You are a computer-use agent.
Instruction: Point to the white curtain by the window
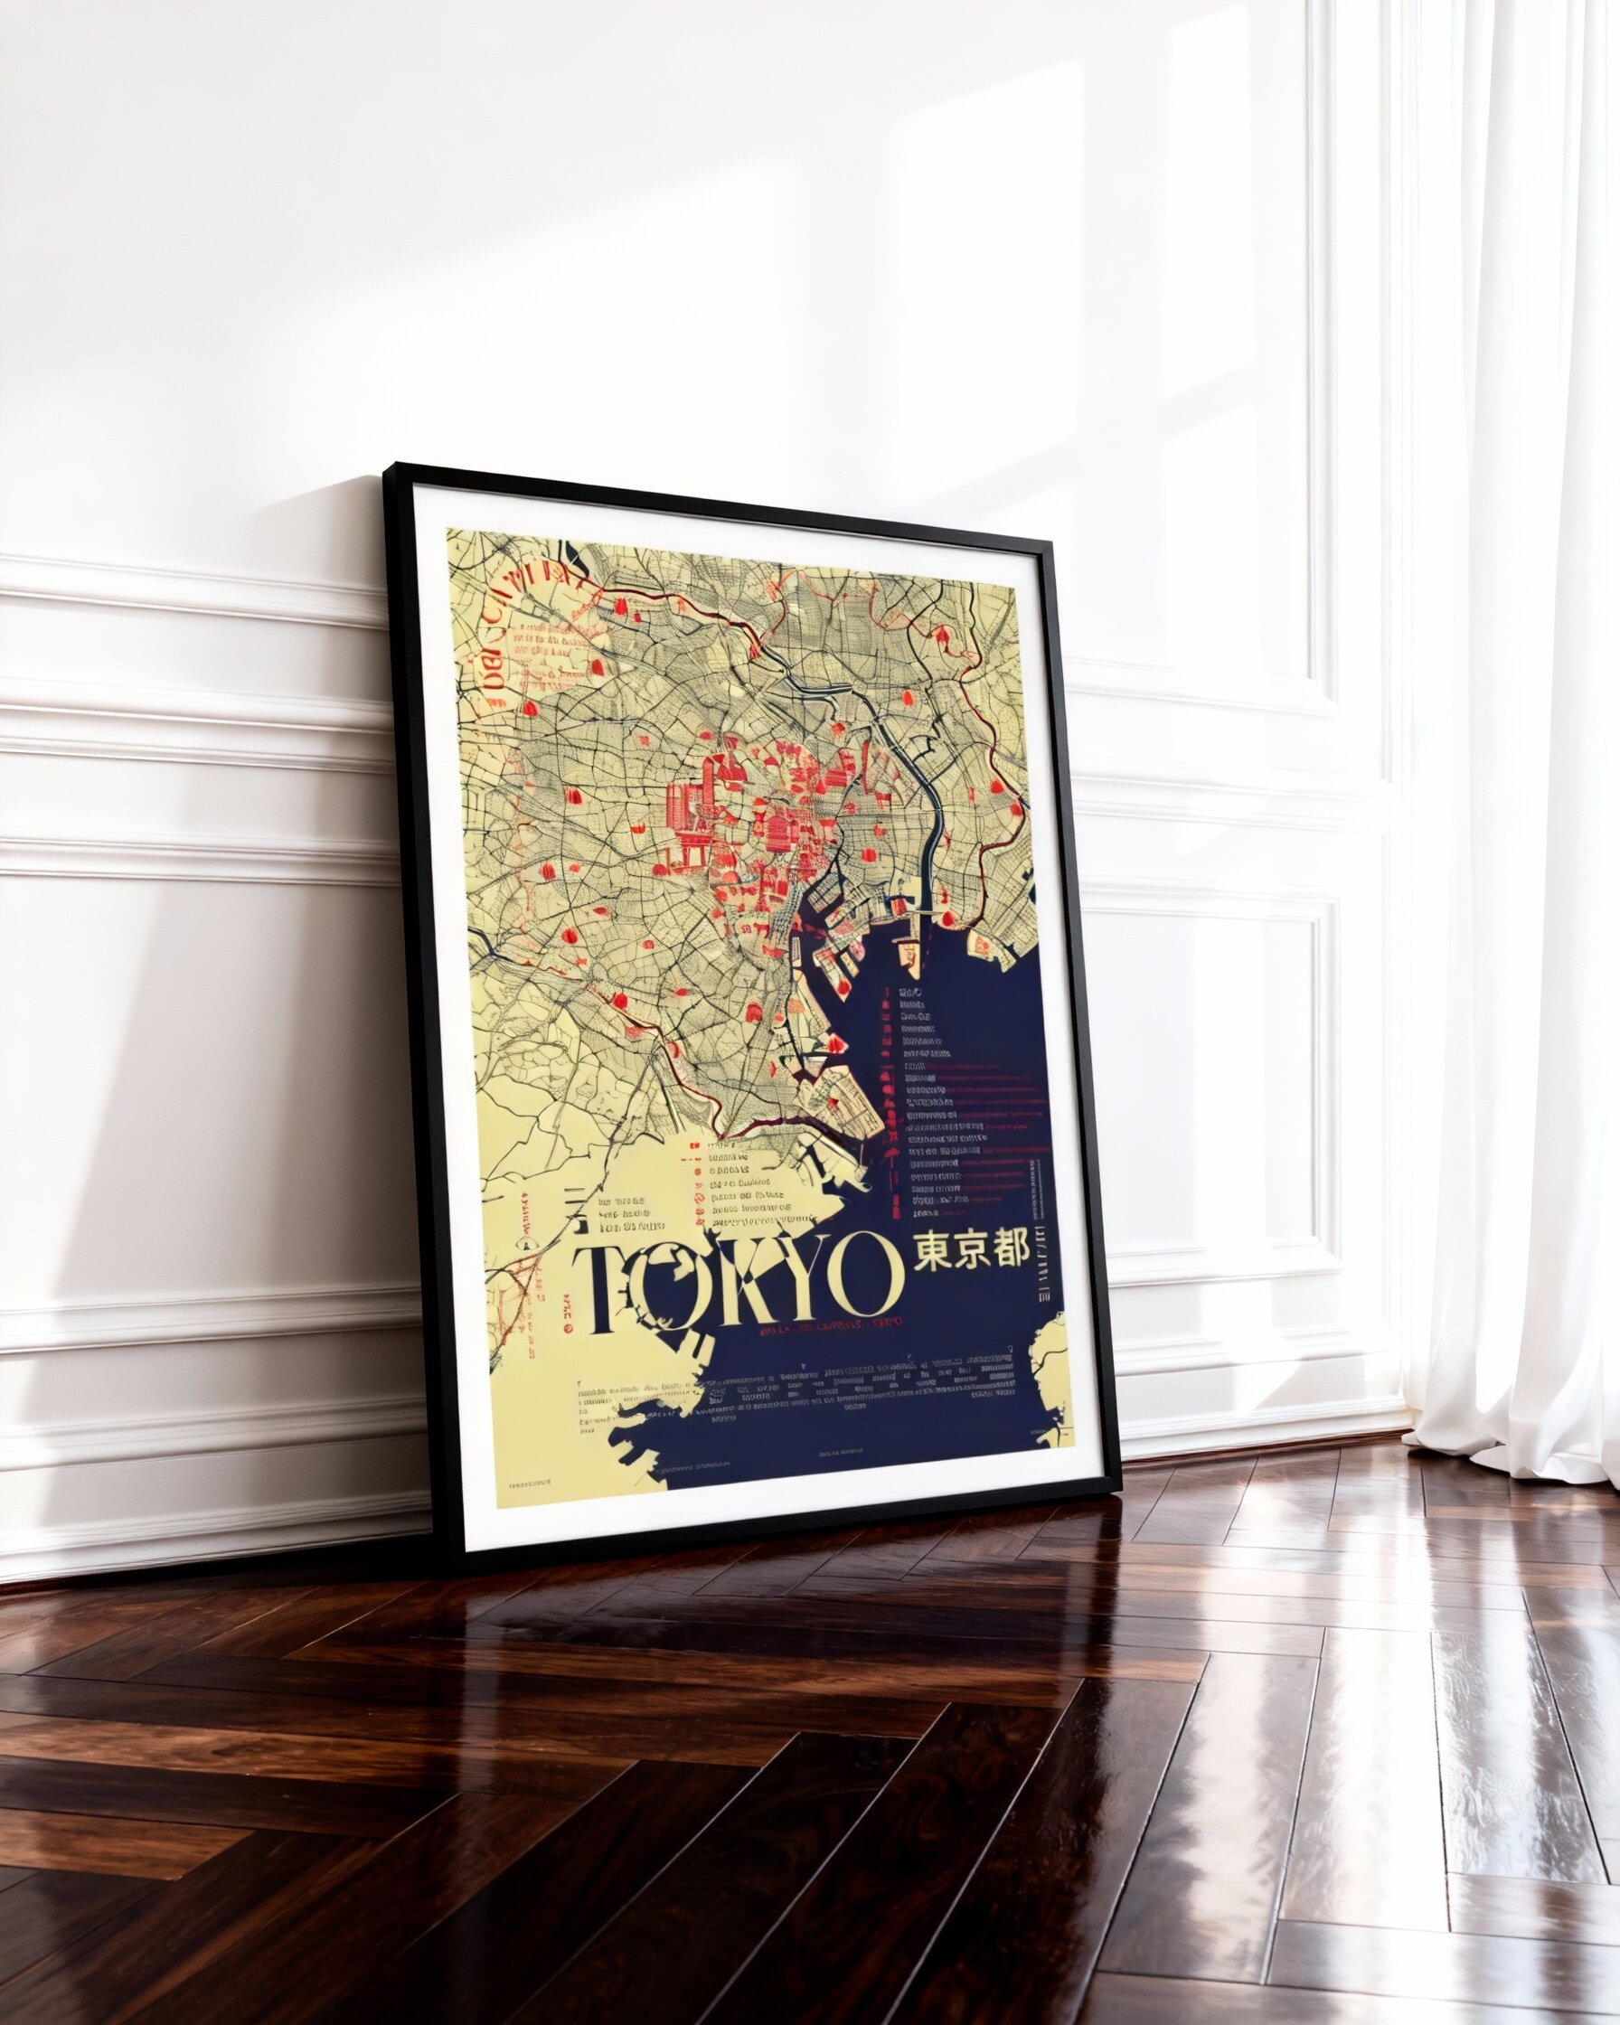click(x=1512, y=751)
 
